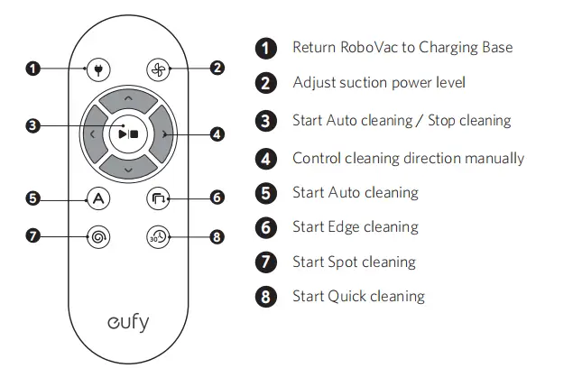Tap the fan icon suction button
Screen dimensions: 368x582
point(157,69)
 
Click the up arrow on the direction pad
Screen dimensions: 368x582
point(127,97)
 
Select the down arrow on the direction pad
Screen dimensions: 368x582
point(127,169)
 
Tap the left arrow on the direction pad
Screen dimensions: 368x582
point(91,133)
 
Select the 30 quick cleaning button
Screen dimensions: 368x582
point(157,236)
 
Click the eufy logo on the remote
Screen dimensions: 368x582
point(127,322)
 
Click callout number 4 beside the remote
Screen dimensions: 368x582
point(217,134)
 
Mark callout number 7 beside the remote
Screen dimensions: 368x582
point(33,236)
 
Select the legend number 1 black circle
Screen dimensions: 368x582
point(265,48)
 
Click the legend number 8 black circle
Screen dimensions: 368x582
point(265,297)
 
